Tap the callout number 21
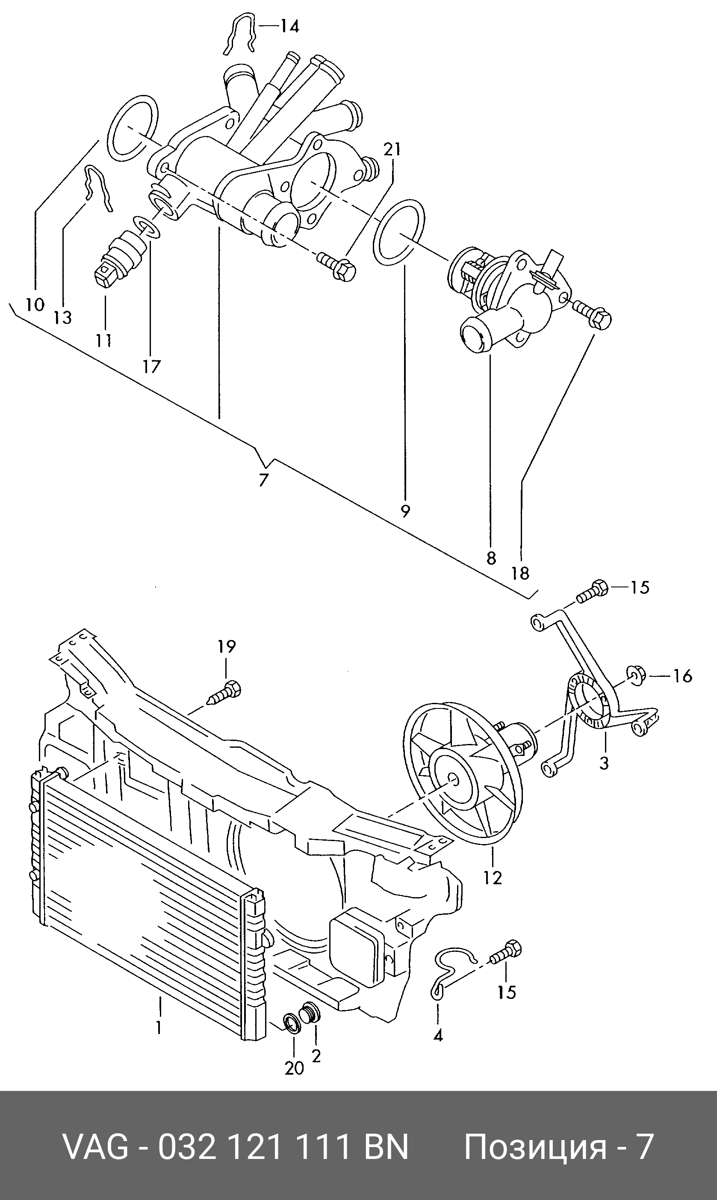392,149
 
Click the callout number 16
683,676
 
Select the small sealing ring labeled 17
145,227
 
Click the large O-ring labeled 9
400,231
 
